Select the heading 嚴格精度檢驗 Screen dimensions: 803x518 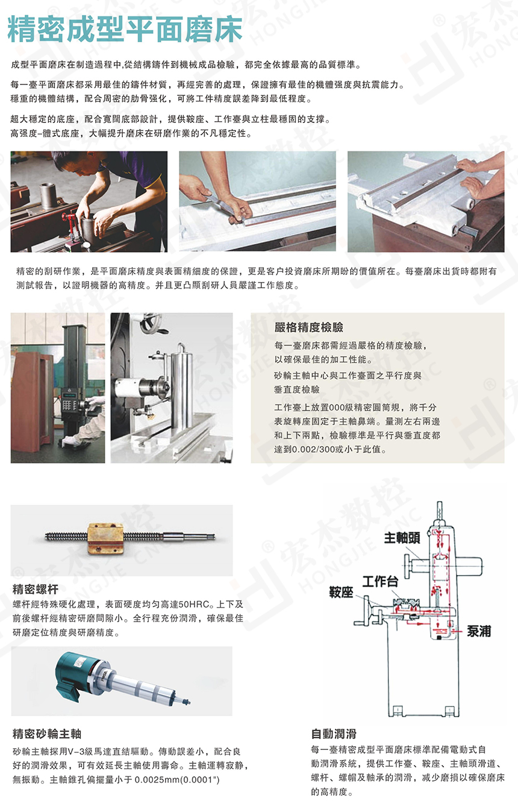point(308,327)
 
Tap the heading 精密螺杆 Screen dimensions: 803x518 point(36,589)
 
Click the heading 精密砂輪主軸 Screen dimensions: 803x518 point(47,734)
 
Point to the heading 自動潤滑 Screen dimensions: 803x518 point(334,734)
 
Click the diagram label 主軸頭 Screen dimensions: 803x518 point(402,538)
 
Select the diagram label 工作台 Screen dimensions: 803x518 point(379,581)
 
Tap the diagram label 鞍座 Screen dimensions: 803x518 point(340,593)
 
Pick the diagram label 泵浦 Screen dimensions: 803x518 point(479,631)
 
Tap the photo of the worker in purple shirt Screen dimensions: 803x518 point(89,201)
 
